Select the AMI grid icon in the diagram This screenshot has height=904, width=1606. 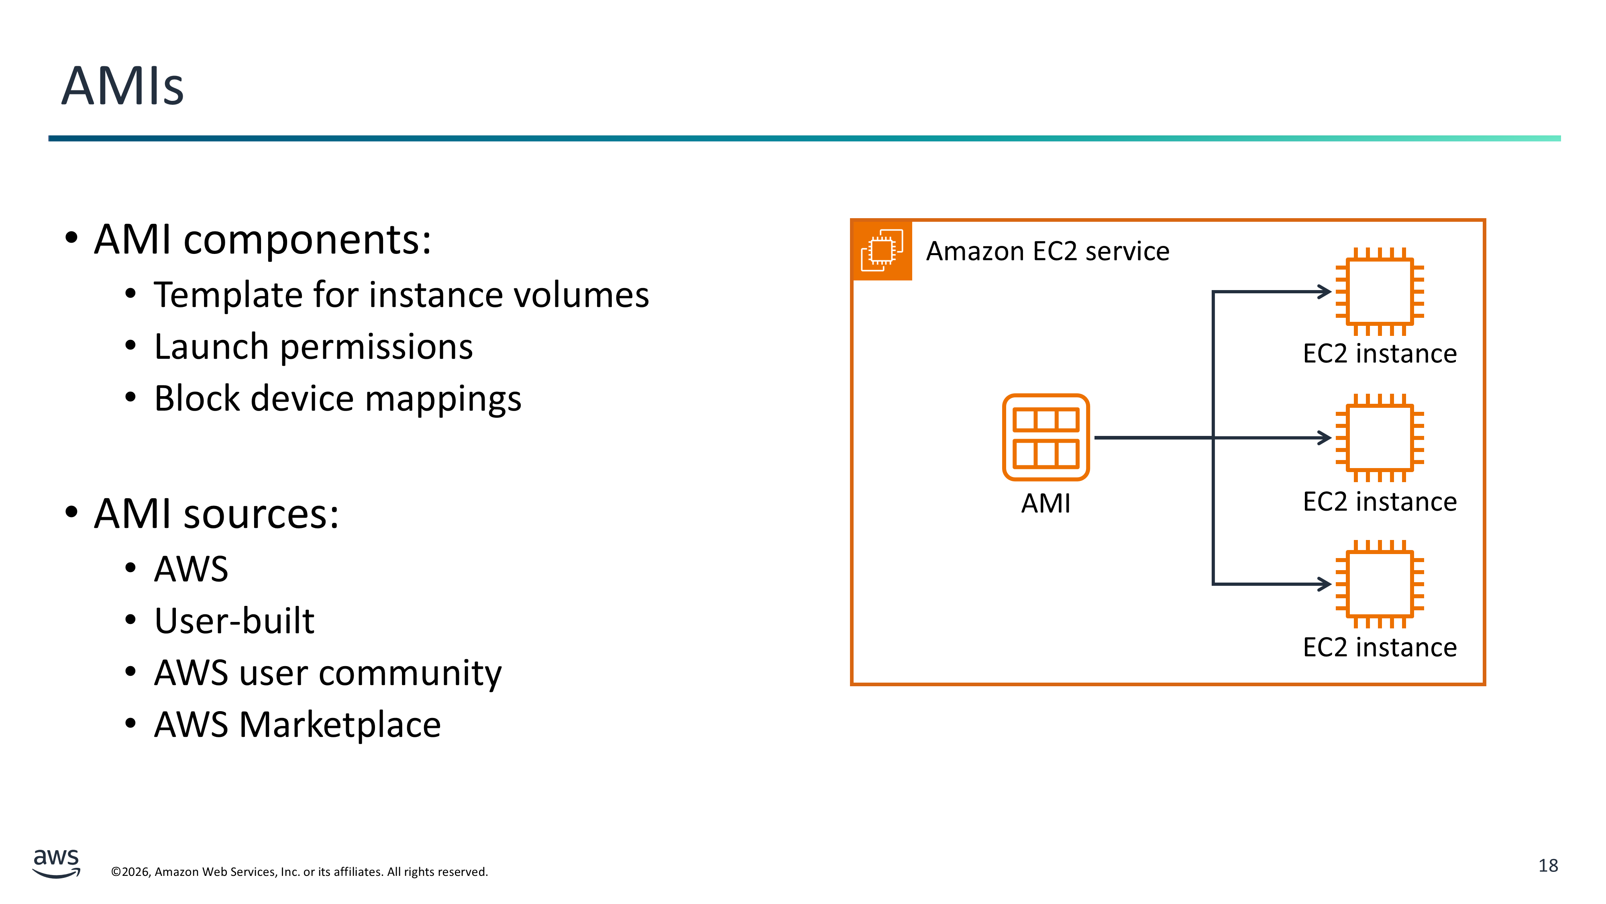[x=1046, y=438]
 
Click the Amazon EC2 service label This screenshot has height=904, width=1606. [x=1048, y=252]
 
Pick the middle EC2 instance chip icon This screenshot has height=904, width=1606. [x=1379, y=438]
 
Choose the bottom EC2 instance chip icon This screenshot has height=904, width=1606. [x=1379, y=584]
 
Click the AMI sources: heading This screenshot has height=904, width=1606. [x=216, y=514]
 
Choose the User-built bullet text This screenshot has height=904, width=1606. [x=234, y=621]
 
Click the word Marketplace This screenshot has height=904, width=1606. [x=340, y=725]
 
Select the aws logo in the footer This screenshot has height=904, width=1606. [x=56, y=863]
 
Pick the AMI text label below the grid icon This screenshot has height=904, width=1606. [x=1046, y=503]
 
